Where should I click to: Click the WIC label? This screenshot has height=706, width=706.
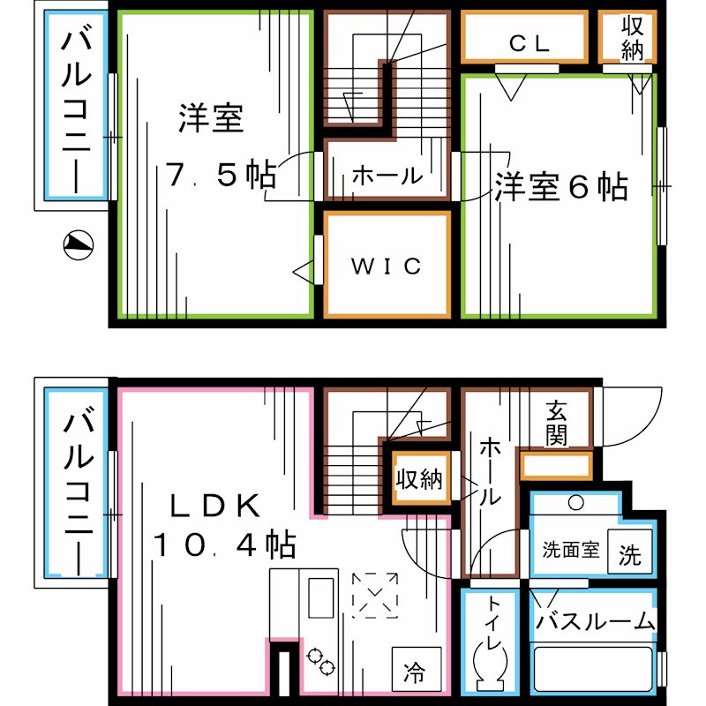click(387, 266)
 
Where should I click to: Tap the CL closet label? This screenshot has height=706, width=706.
click(529, 42)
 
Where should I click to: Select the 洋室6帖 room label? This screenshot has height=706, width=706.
click(560, 188)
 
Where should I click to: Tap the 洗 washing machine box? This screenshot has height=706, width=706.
click(630, 555)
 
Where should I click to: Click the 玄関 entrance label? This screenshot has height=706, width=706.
click(556, 423)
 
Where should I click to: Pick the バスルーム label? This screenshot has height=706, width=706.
click(597, 621)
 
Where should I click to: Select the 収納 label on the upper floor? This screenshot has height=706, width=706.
click(632, 37)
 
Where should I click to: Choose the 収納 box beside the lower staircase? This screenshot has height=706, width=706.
click(418, 480)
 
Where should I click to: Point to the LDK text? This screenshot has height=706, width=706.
click(214, 506)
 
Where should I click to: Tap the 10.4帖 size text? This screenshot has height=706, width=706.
click(224, 545)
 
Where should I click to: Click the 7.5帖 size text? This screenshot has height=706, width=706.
click(221, 175)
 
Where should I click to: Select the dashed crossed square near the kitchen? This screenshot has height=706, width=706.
click(374, 595)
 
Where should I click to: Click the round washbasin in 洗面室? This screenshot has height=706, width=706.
click(575, 502)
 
